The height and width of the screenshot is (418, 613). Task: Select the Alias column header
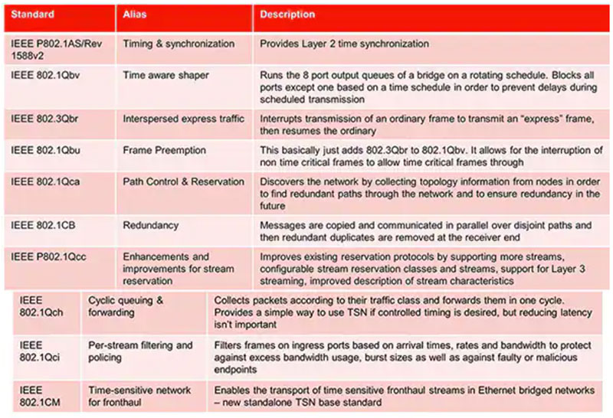136,15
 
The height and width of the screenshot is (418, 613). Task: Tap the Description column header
287,15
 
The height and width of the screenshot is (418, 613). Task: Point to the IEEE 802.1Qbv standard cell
46,75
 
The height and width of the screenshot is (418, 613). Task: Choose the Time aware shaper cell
166,75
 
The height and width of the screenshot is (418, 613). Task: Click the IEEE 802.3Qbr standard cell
46,119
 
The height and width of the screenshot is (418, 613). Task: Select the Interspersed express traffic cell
183,119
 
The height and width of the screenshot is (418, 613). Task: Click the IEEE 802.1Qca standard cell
46,181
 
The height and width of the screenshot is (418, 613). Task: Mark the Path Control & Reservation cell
183,181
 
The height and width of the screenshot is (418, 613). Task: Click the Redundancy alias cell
152,226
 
